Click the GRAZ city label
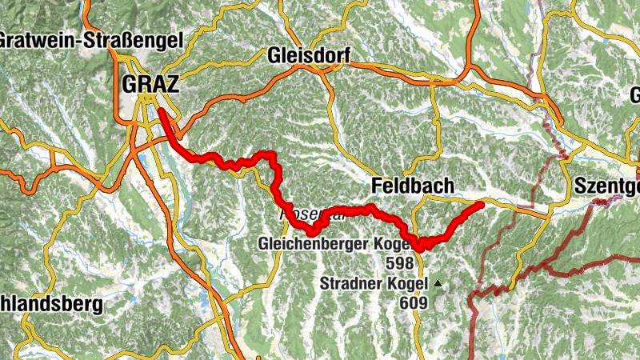click(150, 83)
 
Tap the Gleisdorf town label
click(307, 56)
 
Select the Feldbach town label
click(413, 186)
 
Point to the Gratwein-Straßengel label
click(92, 39)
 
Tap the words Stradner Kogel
click(374, 283)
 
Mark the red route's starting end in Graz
click(160, 110)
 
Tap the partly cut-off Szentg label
click(606, 186)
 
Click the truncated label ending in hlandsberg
click(51, 305)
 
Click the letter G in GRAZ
click(130, 83)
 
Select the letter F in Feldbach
click(378, 186)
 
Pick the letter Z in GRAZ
click(171, 83)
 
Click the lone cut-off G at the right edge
click(634, 94)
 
